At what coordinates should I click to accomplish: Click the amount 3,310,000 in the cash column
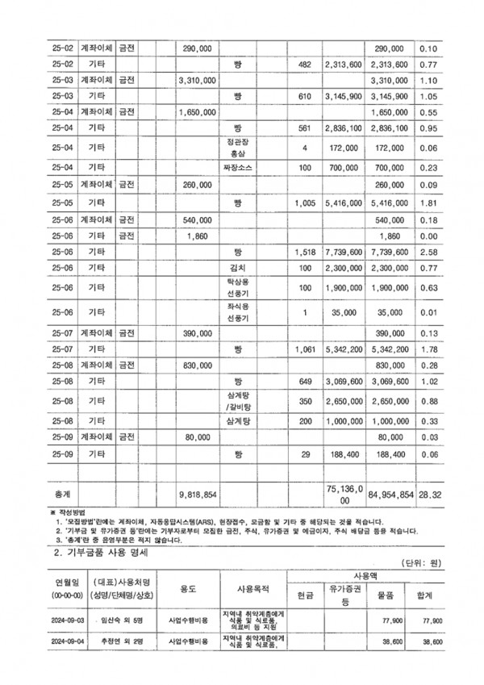coord(197,81)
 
